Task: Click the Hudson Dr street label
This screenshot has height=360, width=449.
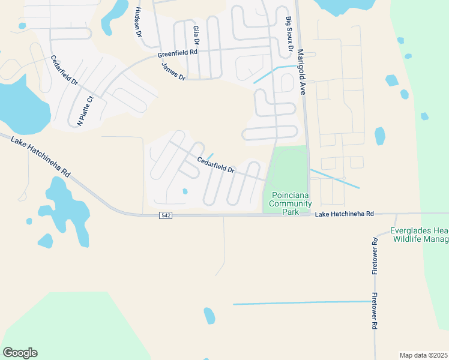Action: [x=139, y=23]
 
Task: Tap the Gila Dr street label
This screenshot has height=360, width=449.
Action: [x=195, y=35]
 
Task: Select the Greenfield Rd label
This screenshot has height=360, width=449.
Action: [x=178, y=53]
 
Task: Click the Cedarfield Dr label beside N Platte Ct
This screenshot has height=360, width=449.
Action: [x=64, y=71]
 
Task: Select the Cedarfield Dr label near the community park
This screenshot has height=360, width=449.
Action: [x=215, y=165]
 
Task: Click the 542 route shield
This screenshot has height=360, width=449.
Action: [x=166, y=215]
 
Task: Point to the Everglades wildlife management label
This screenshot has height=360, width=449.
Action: [x=419, y=235]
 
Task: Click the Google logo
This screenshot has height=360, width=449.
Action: [x=20, y=353]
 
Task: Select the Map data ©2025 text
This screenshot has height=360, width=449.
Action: [x=423, y=355]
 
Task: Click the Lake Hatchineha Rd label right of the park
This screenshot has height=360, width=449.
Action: [x=345, y=214]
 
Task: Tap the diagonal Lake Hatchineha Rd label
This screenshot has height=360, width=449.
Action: [x=41, y=157]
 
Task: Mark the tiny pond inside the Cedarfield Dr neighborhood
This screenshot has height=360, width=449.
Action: [x=185, y=191]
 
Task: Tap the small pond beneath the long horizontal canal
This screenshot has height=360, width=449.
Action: [x=209, y=316]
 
